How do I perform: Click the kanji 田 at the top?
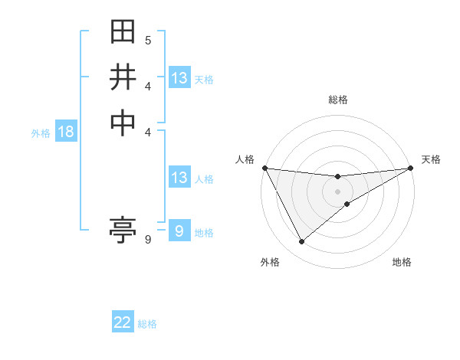click(123, 33)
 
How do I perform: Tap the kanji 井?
click(123, 77)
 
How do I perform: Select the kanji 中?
click(123, 122)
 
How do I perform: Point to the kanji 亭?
click(123, 229)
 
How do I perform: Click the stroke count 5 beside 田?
click(148, 40)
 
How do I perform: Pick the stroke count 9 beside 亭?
click(148, 240)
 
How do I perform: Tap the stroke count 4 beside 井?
click(148, 86)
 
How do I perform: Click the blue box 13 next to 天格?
click(179, 78)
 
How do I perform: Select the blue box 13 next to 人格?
click(179, 178)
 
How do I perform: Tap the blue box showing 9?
click(179, 231)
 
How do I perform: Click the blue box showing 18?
click(66, 132)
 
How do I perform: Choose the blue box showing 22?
click(123, 323)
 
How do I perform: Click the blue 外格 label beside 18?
click(41, 133)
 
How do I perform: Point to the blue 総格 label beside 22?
click(148, 324)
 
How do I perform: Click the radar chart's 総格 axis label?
click(338, 100)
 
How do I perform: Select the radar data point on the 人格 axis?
click(264, 168)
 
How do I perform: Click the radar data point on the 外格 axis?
click(301, 242)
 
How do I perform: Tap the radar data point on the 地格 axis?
click(347, 204)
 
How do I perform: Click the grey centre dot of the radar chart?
click(338, 191)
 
